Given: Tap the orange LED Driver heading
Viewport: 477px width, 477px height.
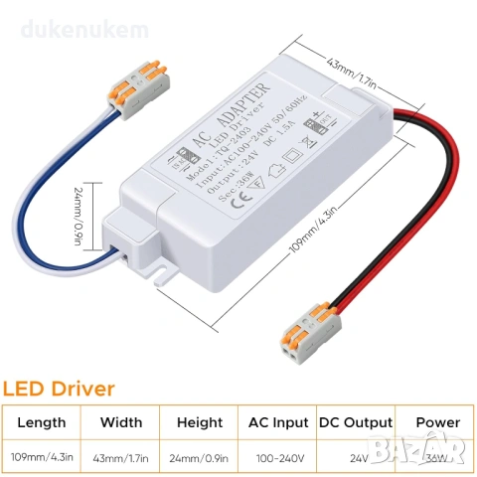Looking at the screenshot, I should (x=60, y=388).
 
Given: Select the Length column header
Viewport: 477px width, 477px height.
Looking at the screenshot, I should (x=42, y=422).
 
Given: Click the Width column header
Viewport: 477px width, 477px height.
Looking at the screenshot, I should (x=120, y=422).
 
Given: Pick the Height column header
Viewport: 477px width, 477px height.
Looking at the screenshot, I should (x=199, y=422).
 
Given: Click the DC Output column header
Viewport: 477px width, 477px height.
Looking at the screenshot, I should (x=356, y=422).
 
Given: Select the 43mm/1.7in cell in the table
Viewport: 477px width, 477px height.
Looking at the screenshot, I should (x=120, y=458).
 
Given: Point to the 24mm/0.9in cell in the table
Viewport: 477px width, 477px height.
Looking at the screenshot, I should (x=199, y=458).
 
